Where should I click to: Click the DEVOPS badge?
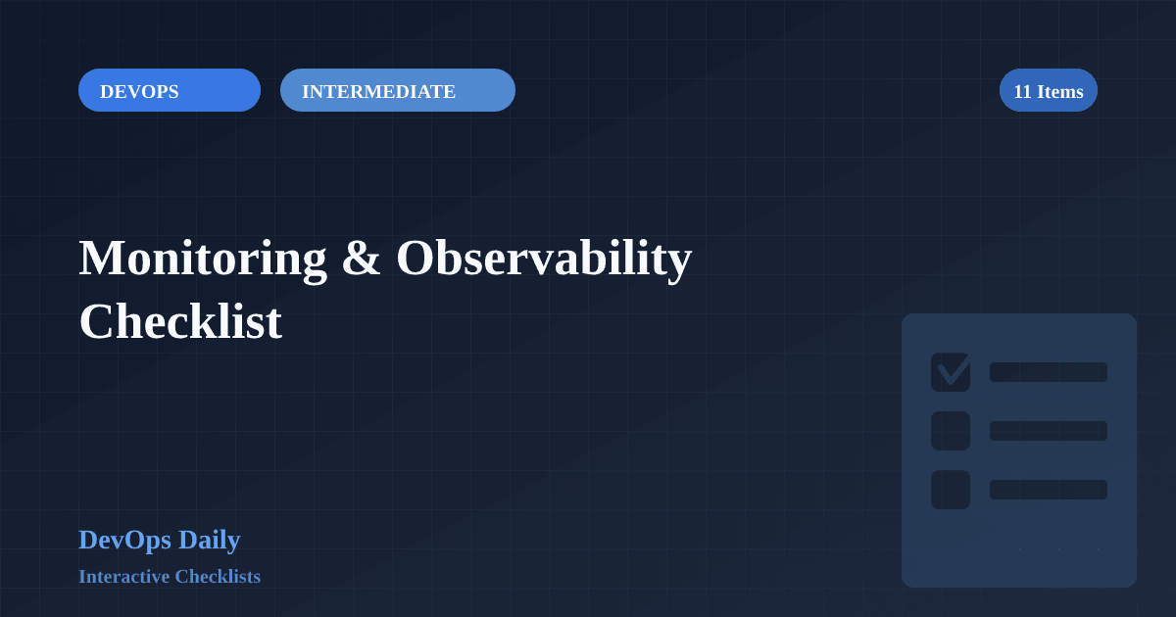169,90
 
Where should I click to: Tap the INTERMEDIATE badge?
397,90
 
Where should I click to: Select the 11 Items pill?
1048,90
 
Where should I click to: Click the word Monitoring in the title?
202,259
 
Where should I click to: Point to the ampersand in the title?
361,259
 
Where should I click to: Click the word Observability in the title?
544,259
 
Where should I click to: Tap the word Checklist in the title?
180,321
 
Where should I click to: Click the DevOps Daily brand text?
159,540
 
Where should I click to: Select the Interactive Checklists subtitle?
170,576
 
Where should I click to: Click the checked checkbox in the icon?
950,372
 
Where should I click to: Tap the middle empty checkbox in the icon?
950,431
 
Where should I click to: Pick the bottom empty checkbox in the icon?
950,490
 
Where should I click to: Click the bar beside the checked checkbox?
1048,372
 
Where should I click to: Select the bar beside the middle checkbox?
1048,431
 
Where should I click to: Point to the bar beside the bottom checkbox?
1048,490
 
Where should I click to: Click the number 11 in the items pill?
1022,91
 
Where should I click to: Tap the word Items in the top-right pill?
1060,91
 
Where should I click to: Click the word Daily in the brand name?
209,540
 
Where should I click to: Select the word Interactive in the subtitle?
123,576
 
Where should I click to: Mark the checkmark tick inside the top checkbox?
953,370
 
